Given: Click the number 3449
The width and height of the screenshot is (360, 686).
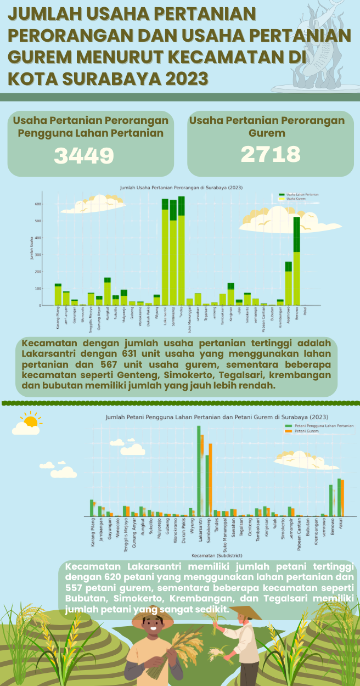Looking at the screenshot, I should tap(84, 156).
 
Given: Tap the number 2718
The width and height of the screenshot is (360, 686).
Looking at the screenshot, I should tap(271, 155).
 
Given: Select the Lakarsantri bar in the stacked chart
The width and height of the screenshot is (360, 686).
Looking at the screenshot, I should tap(165, 252).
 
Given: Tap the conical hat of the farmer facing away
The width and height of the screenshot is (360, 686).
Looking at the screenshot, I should tap(245, 612).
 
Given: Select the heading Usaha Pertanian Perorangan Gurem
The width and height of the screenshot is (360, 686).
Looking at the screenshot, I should tap(267, 126).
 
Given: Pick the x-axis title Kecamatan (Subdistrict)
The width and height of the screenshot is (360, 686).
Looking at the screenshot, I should tap(218, 555).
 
